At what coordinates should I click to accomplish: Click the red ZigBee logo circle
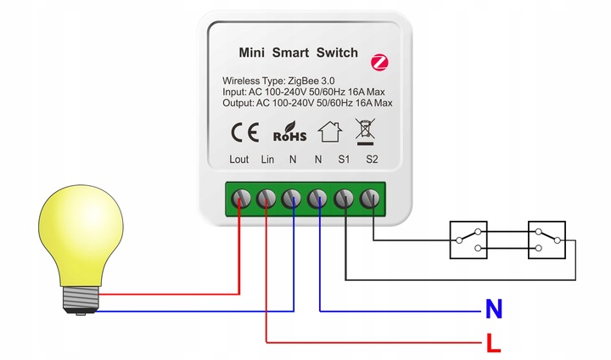click(x=379, y=62)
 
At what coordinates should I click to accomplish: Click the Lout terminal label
click(x=238, y=160)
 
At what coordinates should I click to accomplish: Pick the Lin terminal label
click(x=266, y=160)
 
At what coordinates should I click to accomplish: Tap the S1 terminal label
click(x=345, y=160)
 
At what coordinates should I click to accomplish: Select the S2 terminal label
click(x=371, y=160)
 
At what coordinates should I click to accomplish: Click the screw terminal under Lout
click(x=240, y=199)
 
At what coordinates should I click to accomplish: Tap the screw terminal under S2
click(x=370, y=199)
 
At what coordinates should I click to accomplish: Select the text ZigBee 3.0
click(x=314, y=80)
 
